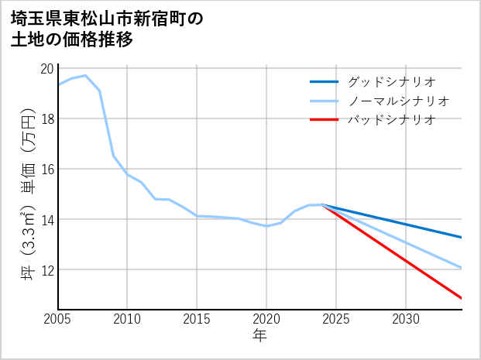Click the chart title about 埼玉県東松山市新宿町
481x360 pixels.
[x=108, y=29]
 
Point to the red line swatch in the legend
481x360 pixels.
[x=324, y=120]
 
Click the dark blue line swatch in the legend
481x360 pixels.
[x=324, y=81]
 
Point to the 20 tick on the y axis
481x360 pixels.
[x=46, y=68]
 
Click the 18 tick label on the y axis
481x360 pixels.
[x=46, y=118]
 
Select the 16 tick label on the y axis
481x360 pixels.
[x=46, y=169]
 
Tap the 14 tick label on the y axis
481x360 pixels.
[x=46, y=219]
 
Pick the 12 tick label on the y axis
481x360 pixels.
[x=46, y=269]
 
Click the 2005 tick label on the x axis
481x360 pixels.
[x=57, y=319]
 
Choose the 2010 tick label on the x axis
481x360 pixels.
[x=127, y=319]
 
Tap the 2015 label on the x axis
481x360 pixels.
[x=197, y=319]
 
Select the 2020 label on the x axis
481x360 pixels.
[x=266, y=319]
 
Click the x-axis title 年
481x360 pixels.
[x=259, y=336]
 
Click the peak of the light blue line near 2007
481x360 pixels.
[x=85, y=76]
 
